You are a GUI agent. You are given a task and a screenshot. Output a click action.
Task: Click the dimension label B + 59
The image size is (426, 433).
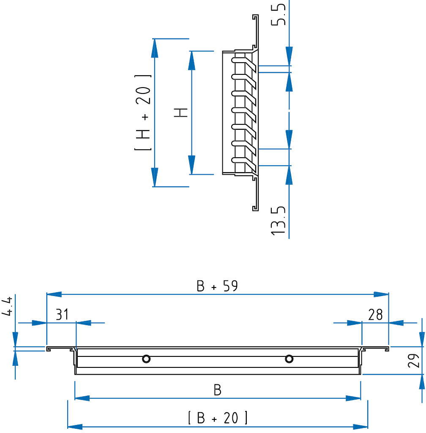[x=217, y=286]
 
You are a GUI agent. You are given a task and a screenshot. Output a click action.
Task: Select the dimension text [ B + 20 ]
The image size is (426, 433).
[x=218, y=417]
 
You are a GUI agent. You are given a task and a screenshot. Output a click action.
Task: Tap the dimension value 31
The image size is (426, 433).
[x=62, y=314]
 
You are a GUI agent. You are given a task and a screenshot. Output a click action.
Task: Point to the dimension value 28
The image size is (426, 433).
[x=376, y=315]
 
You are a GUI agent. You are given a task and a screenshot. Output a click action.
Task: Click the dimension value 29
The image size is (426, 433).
[x=414, y=361]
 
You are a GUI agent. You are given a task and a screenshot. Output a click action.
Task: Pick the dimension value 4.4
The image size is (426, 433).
[x=7, y=306]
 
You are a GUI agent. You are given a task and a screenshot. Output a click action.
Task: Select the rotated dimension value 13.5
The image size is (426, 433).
[x=278, y=220]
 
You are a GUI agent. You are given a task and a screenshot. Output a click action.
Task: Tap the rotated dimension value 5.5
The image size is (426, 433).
[x=278, y=14]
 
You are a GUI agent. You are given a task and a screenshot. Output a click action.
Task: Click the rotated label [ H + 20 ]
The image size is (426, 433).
[x=143, y=112]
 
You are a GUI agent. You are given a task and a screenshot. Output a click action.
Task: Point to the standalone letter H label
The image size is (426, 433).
[x=181, y=112]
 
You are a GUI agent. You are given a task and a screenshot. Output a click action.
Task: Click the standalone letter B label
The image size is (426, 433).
[x=217, y=390]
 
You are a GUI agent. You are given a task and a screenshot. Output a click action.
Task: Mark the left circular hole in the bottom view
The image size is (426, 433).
[x=146, y=359]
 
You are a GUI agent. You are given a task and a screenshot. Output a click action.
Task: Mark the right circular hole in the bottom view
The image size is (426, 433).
[x=289, y=359]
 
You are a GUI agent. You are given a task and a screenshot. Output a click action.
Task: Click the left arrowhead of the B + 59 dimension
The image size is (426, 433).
[x=54, y=294]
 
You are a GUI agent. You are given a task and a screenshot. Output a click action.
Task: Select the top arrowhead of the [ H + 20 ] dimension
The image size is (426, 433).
[x=155, y=48]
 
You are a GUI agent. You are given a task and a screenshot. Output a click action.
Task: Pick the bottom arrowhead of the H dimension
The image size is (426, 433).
[x=192, y=165]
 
